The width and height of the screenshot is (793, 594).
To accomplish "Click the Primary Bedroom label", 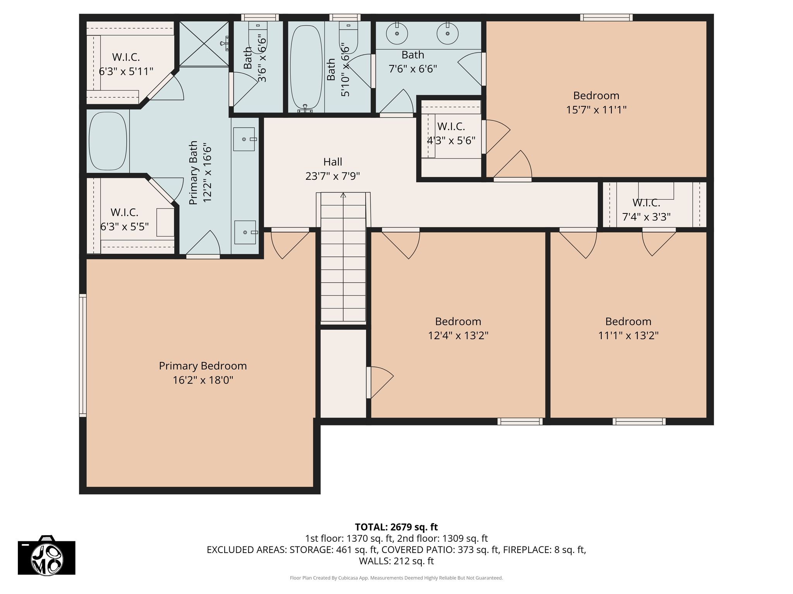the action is pos(203,366).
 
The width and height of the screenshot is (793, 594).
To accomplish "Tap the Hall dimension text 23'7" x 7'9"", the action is pos(333,176).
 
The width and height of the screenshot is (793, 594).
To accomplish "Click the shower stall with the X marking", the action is pos(204,44).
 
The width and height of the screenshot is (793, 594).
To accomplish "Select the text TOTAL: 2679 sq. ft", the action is pos(396,527).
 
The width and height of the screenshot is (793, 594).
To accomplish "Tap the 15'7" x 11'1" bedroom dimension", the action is pos(596,110).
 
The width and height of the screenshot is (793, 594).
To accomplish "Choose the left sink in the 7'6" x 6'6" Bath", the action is pos(397,34).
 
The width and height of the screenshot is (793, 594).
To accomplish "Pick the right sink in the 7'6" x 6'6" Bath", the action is pos(448,34).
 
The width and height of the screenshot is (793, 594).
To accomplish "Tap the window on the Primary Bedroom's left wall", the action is pos(82,355).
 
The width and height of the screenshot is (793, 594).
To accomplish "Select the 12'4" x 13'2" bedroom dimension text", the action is pos(458,336).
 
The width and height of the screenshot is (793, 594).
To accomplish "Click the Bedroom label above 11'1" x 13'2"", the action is pos(628,321).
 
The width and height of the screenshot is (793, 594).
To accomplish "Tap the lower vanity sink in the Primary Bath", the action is pos(245,232).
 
